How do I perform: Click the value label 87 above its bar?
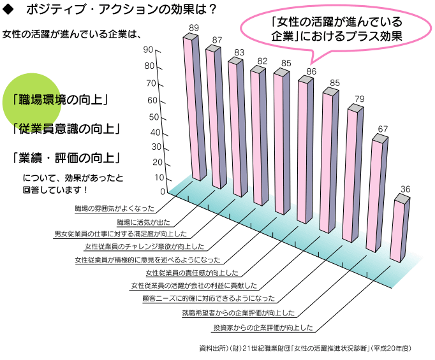(x=217, y=40)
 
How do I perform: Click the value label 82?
(x=262, y=61)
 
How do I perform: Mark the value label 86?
(x=311, y=71)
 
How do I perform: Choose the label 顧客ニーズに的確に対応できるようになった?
(x=209, y=298)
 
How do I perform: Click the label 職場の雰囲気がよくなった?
(x=114, y=208)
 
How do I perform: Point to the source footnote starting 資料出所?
(x=306, y=349)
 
